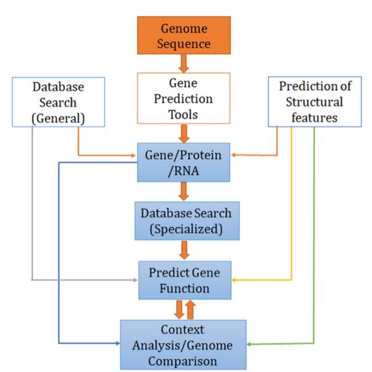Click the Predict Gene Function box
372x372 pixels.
coord(185,279)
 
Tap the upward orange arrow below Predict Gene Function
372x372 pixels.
coord(191,310)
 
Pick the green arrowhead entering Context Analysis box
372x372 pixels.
coord(249,343)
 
